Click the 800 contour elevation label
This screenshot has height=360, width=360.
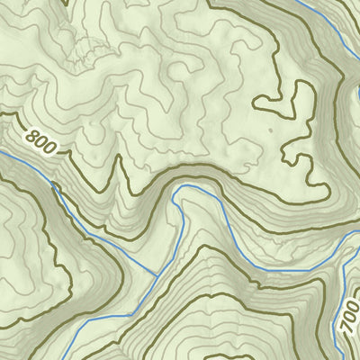41,142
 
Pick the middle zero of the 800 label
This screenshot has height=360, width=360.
41,142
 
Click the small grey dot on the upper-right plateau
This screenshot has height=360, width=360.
267,130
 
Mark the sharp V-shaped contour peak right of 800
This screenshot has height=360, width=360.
117,162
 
